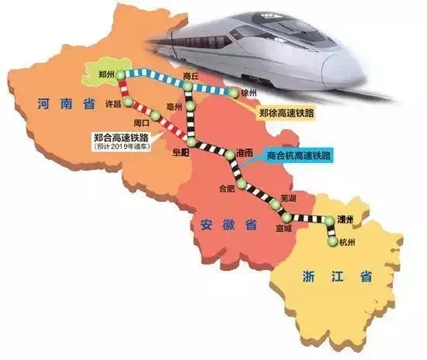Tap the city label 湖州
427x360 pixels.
point(345,221)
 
